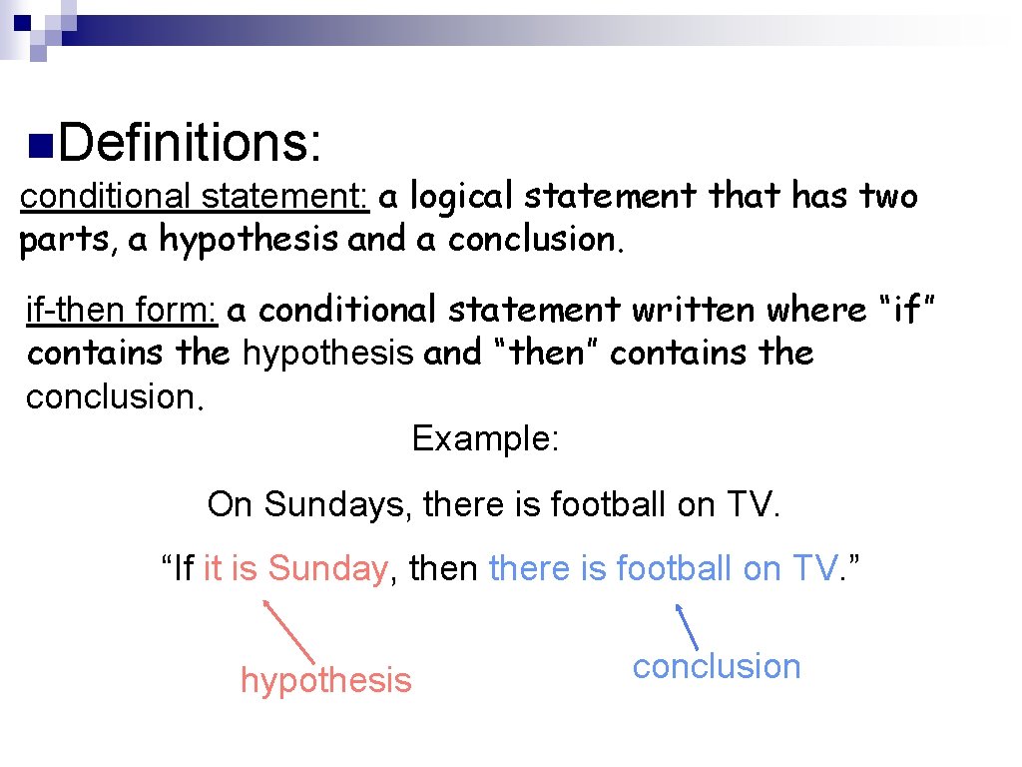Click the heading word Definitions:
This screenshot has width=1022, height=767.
coord(191,142)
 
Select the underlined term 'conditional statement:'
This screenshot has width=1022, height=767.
coord(196,197)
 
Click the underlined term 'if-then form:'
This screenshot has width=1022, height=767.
coord(122,311)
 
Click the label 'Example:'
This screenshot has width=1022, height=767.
coord(485,438)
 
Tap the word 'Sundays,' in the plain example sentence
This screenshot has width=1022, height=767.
coord(338,504)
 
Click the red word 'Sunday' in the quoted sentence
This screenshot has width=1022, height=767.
coord(327,568)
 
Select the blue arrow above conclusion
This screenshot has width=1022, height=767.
coord(687,626)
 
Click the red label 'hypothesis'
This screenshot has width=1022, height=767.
coord(325,680)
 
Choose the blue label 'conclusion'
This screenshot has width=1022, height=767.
coord(717,666)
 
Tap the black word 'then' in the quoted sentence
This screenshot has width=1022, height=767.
coord(444,568)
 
